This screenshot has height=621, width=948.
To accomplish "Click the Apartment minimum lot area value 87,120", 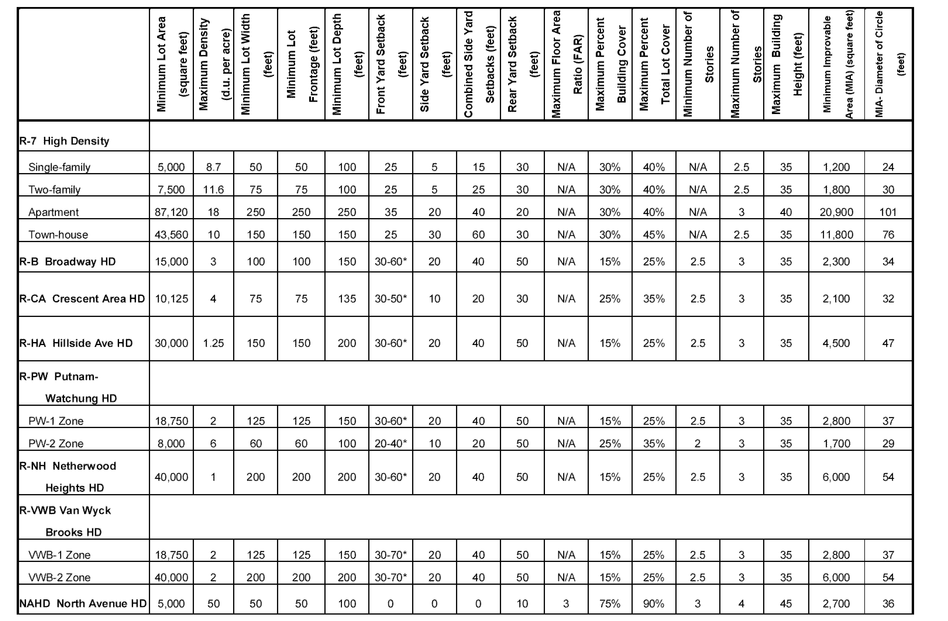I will pyautogui.click(x=171, y=212).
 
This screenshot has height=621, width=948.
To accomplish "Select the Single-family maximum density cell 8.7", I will pyautogui.click(x=214, y=167).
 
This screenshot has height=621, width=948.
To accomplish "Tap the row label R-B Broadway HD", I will pyautogui.click(x=68, y=262).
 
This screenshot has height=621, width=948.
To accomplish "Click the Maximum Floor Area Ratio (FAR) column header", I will pyautogui.click(x=566, y=64).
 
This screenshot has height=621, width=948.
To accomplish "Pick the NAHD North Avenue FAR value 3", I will pyautogui.click(x=566, y=604).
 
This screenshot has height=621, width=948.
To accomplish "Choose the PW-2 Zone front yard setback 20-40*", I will pyautogui.click(x=391, y=444).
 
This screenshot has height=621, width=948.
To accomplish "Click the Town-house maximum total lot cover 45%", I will pyautogui.click(x=654, y=235).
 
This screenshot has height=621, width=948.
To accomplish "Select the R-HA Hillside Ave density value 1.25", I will pyautogui.click(x=214, y=343).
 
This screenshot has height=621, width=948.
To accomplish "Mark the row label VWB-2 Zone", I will pyautogui.click(x=59, y=577).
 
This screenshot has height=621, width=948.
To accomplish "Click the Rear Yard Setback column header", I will pyautogui.click(x=522, y=64).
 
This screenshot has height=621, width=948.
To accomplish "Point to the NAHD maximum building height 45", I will pyautogui.click(x=786, y=604).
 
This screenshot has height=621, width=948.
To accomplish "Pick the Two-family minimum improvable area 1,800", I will pyautogui.click(x=837, y=190).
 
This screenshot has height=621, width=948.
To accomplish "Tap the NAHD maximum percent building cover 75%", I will pyautogui.click(x=610, y=604).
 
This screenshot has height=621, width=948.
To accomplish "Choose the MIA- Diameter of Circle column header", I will pyautogui.click(x=889, y=64).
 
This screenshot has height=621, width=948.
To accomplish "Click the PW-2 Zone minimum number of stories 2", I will pyautogui.click(x=697, y=444).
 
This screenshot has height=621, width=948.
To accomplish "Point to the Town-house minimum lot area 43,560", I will pyautogui.click(x=171, y=235).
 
